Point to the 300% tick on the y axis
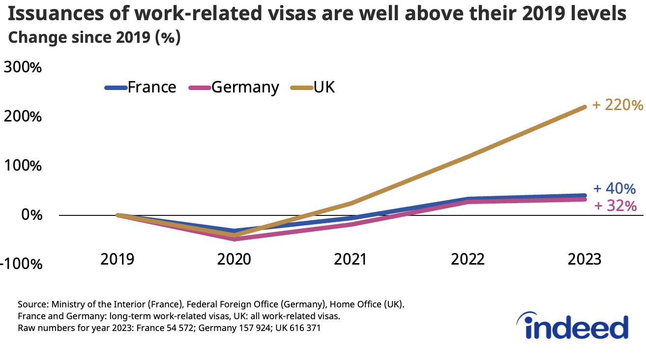(x=23, y=67)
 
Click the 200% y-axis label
(x=23, y=117)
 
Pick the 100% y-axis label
(x=23, y=166)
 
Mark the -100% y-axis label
(x=21, y=264)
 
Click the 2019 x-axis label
(x=117, y=259)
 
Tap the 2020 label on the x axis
(x=234, y=259)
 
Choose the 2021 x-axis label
(x=351, y=259)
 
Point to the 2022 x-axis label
(x=468, y=259)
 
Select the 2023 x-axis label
(x=584, y=259)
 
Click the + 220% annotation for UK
(x=617, y=105)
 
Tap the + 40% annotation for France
(x=615, y=189)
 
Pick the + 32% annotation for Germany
(x=615, y=206)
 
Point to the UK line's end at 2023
(x=585, y=107)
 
